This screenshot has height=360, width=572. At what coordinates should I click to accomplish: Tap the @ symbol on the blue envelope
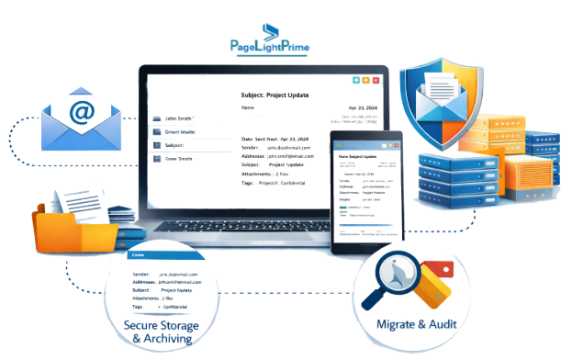(82, 113)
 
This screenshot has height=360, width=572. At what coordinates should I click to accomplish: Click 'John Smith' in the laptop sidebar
(179, 118)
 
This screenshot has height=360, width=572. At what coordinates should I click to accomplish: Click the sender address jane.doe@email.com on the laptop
(290, 147)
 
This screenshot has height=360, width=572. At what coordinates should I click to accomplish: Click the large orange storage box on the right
(528, 194)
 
